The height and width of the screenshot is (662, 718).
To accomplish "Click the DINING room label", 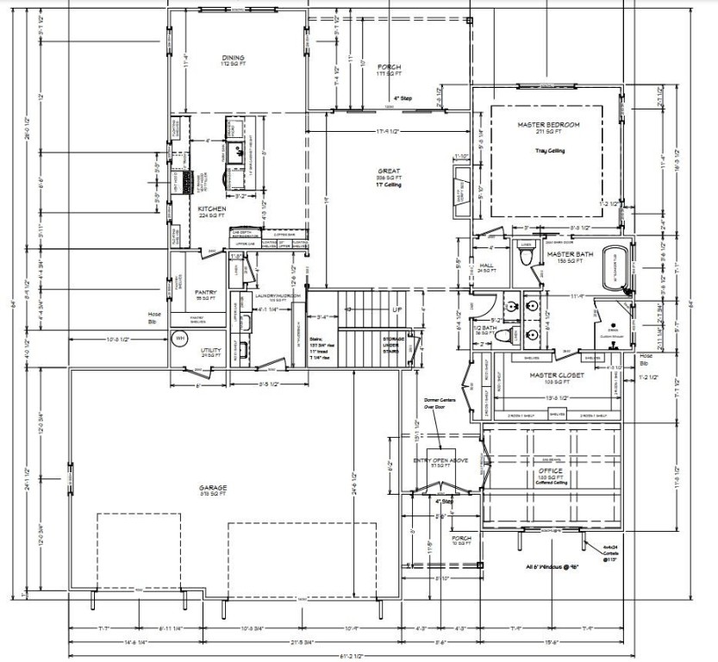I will click(x=233, y=58).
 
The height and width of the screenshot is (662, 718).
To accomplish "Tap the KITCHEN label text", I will click(x=212, y=209).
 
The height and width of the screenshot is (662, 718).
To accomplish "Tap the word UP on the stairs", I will click(x=397, y=308).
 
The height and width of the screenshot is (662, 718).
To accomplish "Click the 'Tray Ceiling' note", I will click(x=548, y=150).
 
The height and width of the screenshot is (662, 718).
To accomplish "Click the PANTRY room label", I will click(x=205, y=291).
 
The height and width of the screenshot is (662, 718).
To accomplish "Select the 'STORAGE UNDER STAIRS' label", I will click(x=394, y=344).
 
